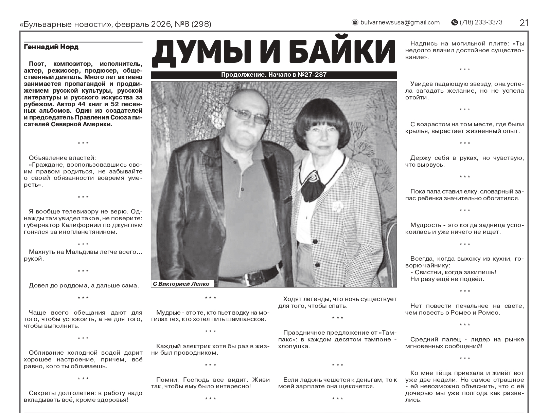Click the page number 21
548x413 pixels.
(524, 23)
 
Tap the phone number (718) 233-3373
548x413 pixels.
(481, 22)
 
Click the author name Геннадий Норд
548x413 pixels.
(51, 47)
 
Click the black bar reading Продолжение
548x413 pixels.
(274, 75)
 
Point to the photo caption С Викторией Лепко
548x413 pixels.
(181, 284)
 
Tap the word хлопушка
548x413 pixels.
(294, 346)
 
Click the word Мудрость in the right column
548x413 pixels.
(424, 225)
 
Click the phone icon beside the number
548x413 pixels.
(454, 22)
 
